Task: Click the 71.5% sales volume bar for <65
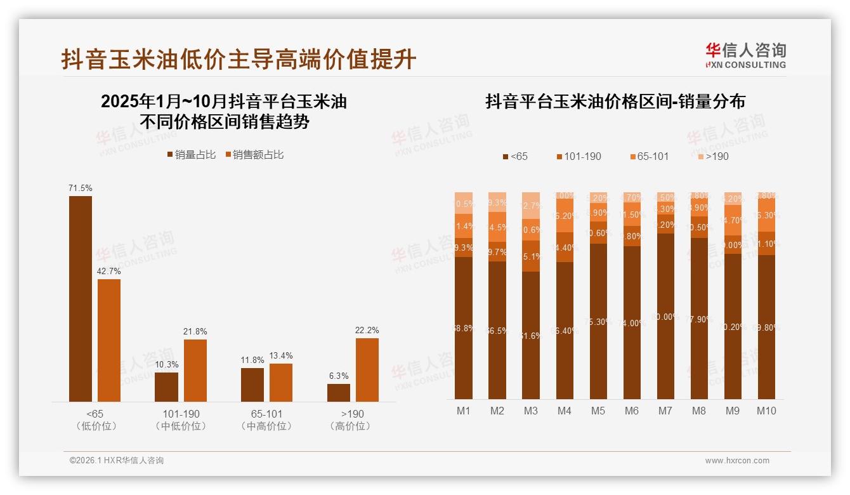pyautogui.click(x=81, y=298)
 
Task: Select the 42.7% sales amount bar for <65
pyautogui.click(x=109, y=340)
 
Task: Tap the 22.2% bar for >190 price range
pyautogui.click(x=367, y=369)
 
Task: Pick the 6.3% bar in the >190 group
pyautogui.click(x=339, y=392)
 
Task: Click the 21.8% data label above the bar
pyautogui.click(x=195, y=331)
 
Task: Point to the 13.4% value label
pyautogui.click(x=281, y=355)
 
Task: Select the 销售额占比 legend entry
pyautogui.click(x=254, y=155)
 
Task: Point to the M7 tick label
pyautogui.click(x=665, y=411)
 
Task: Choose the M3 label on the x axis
pyautogui.click(x=530, y=411)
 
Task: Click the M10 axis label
pyautogui.click(x=766, y=411)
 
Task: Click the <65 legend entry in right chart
pyautogui.click(x=514, y=156)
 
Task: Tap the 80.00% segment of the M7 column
pyautogui.click(x=665, y=316)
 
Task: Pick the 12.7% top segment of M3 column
pyautogui.click(x=531, y=206)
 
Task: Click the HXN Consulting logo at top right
pyautogui.click(x=745, y=55)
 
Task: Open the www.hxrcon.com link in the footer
pyautogui.click(x=737, y=461)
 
